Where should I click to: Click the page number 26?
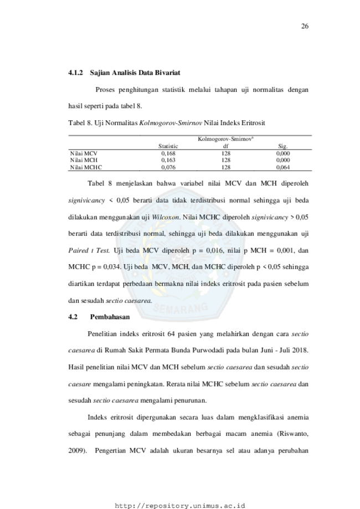[x=305, y=26]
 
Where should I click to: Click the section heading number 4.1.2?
[x=75, y=73]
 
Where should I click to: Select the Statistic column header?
[x=168, y=146]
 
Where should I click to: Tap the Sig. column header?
[x=283, y=146]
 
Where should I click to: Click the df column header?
[x=226, y=146]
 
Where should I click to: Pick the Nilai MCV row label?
[x=84, y=153]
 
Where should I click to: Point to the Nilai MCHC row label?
[x=86, y=167]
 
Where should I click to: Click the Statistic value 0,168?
[x=168, y=153]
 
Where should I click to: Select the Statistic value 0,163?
[x=168, y=161]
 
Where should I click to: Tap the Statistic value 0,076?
[x=168, y=167]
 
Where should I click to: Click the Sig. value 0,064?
[x=283, y=167]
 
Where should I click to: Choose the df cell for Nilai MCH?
[x=226, y=161]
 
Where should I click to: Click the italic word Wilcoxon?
[x=166, y=217]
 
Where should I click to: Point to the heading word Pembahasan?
[x=110, y=317]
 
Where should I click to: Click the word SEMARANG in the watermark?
[x=180, y=308]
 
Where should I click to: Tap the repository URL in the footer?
[x=180, y=506]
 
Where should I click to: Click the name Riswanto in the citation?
[x=294, y=434]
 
